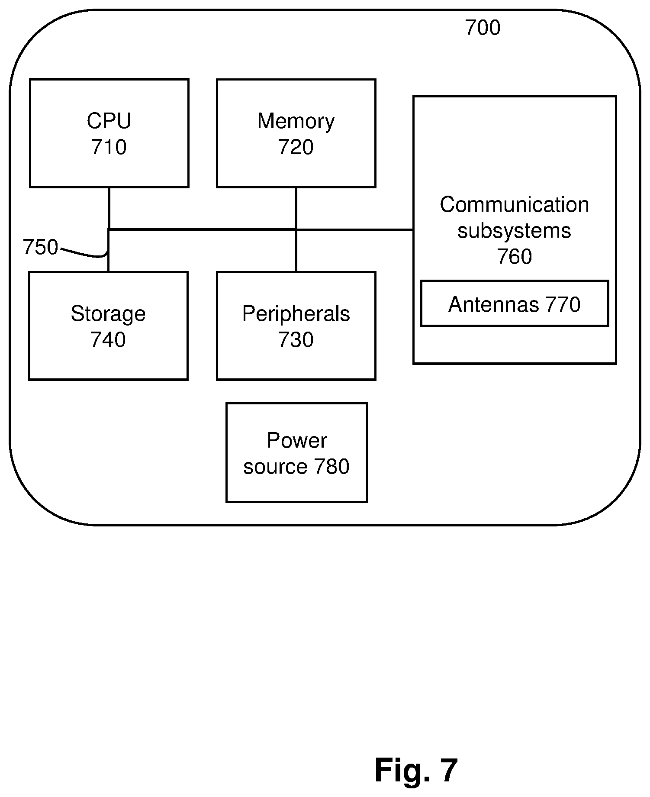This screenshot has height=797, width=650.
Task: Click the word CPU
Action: [x=109, y=121]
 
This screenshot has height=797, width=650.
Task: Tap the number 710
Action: [x=109, y=147]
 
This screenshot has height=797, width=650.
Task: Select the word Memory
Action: [x=296, y=122]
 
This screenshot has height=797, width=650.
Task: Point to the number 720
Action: [x=296, y=147]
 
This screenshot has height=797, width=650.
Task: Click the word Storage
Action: [x=108, y=314]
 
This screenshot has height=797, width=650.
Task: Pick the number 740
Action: [x=108, y=340]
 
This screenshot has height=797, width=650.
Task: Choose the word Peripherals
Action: [x=296, y=314]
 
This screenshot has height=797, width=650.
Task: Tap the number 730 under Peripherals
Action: [x=296, y=340]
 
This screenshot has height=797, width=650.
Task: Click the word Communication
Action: [x=515, y=205]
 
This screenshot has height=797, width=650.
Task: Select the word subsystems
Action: [x=515, y=231]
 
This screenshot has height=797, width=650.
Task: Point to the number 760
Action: [x=515, y=257]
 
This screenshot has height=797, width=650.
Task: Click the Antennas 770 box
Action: [x=515, y=304]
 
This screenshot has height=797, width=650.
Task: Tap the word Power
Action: [x=297, y=441]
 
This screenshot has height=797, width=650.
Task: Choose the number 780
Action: [x=331, y=467]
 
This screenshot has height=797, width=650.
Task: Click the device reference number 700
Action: [x=483, y=28]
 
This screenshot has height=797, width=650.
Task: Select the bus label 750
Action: [x=40, y=248]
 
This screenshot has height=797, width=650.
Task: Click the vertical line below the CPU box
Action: [x=109, y=209]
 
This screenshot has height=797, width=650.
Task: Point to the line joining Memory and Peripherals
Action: [x=296, y=229]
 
